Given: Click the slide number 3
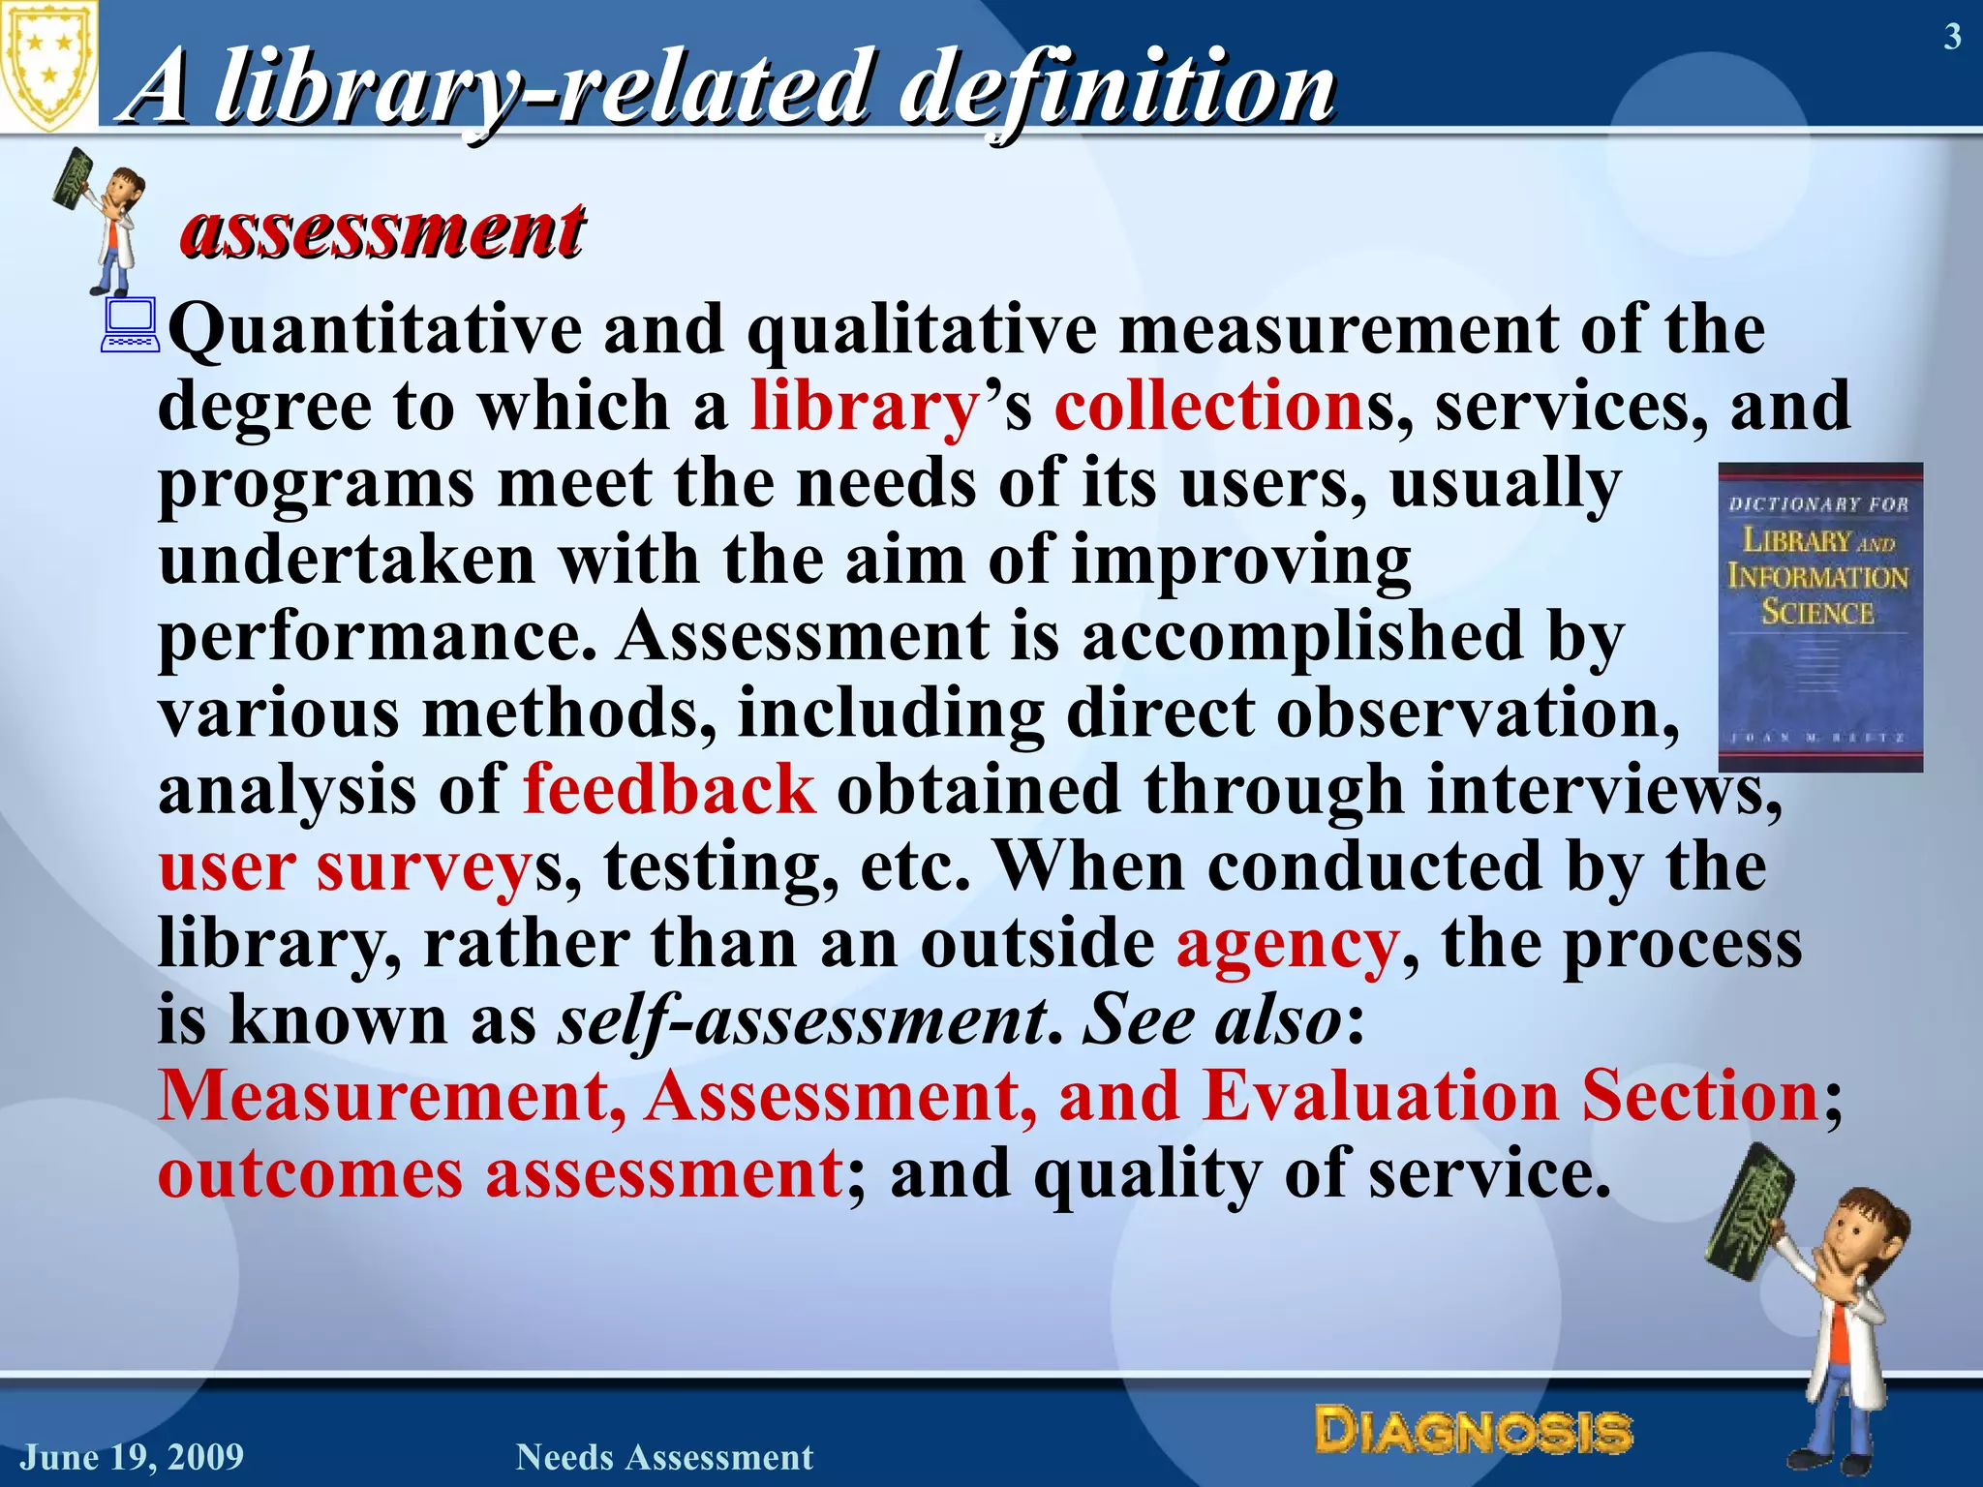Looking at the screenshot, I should pyautogui.click(x=1952, y=37).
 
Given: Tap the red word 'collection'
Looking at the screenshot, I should pyautogui.click(x=1209, y=407).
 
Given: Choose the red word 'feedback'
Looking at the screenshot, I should pyautogui.click(x=669, y=789).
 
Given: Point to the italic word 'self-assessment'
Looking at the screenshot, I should pyautogui.click(x=803, y=1020).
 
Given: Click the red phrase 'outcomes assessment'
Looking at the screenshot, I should pyautogui.click(x=500, y=1173).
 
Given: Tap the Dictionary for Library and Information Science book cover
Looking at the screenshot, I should pyautogui.click(x=1819, y=617).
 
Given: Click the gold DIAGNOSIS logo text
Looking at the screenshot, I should pyautogui.click(x=1473, y=1431).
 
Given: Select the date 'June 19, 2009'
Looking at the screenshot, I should pyautogui.click(x=133, y=1457).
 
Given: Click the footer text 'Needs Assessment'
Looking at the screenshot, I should pyautogui.click(x=664, y=1457).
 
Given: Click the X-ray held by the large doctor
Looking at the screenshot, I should pyautogui.click(x=1748, y=1210).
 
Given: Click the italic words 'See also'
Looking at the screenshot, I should pyautogui.click(x=1211, y=1020).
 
